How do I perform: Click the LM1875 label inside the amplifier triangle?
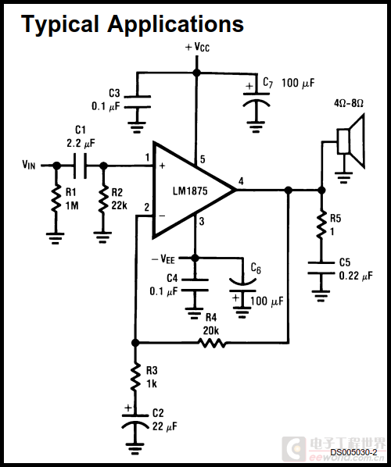[x=190, y=191]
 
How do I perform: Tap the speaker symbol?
[x=351, y=141]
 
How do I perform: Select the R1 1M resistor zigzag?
[x=56, y=199]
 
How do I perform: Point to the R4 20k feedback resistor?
[x=212, y=344]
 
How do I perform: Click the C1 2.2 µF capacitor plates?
[x=81, y=166]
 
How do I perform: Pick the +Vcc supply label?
[x=197, y=47]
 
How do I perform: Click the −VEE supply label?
[x=163, y=258]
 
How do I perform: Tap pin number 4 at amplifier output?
[x=241, y=180]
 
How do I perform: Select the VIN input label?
[x=29, y=165]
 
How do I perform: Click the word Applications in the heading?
[x=176, y=24]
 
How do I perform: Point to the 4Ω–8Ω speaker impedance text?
[x=349, y=103]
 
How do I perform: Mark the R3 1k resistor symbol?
[x=135, y=376]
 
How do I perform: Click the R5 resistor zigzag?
[x=321, y=225]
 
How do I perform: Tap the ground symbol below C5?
[x=321, y=296]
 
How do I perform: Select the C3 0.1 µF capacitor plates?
[x=137, y=102]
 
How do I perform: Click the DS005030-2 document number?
[x=353, y=452]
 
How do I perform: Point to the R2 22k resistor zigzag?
[x=103, y=199]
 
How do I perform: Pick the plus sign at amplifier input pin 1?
[x=162, y=166]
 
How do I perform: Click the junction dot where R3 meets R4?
[x=135, y=343]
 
